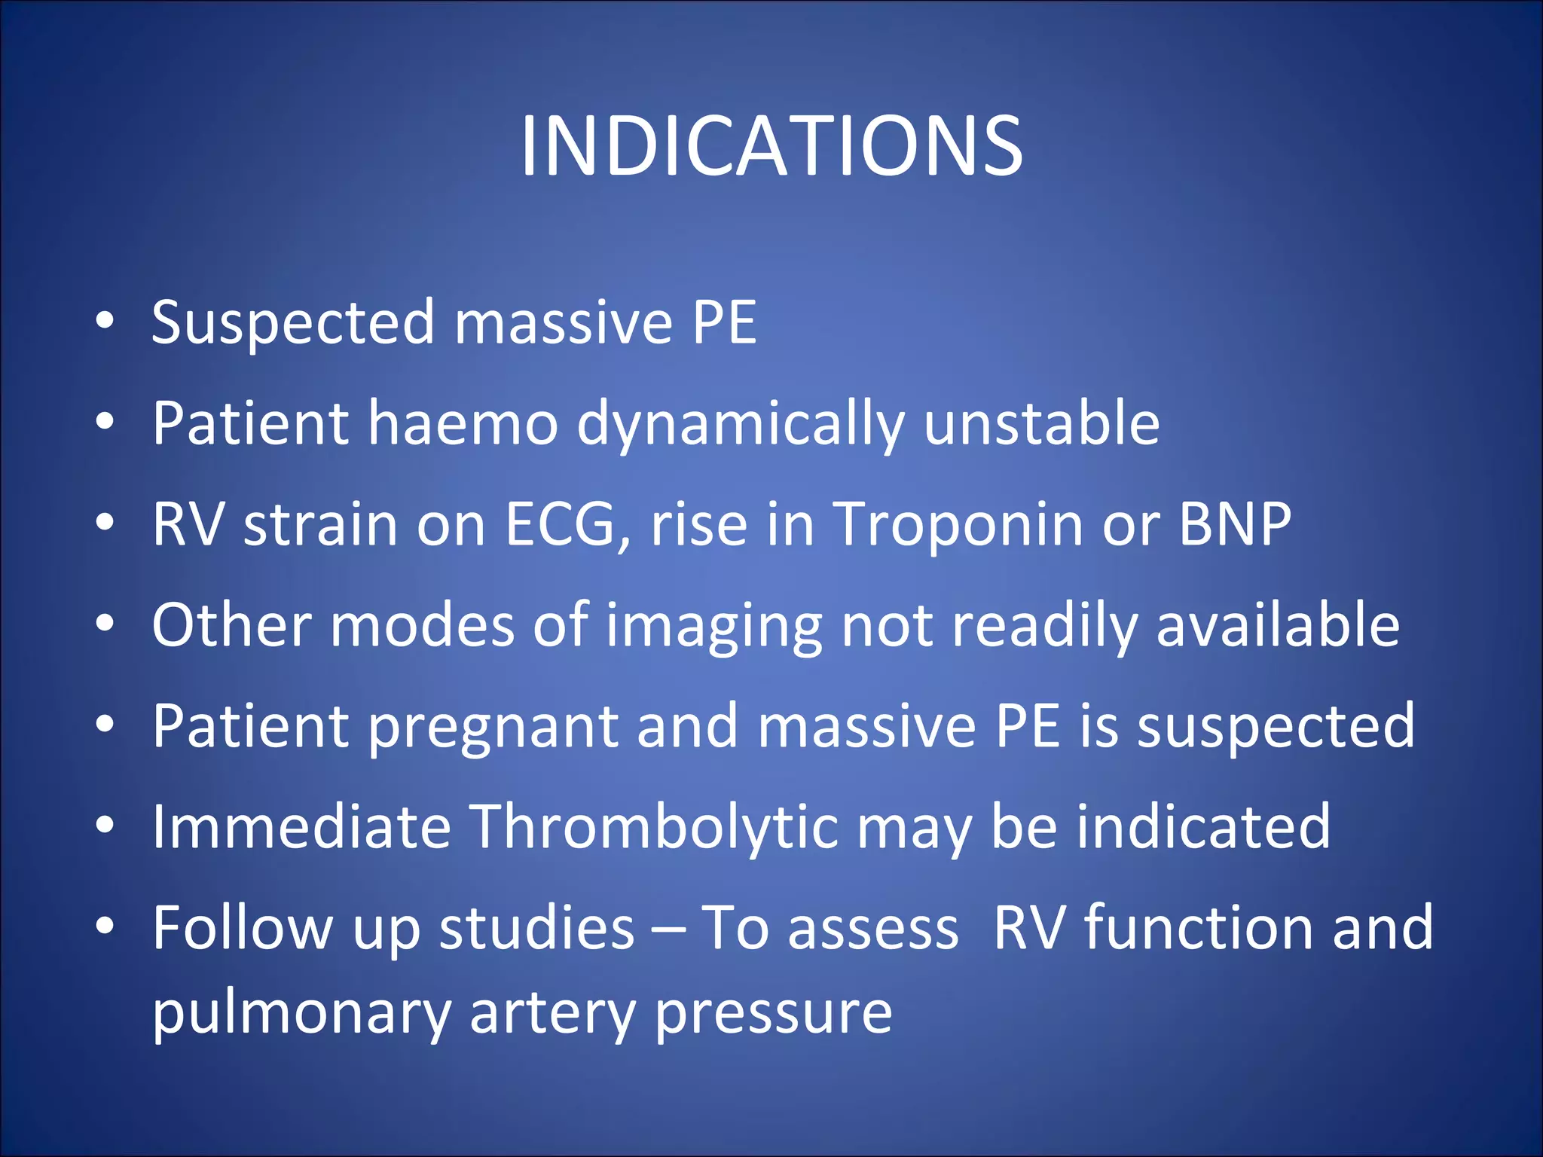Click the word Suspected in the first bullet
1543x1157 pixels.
[293, 322]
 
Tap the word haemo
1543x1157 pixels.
[463, 423]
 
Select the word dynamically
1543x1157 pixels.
[741, 425]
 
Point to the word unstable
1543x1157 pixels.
[1041, 423]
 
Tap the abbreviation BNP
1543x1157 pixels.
[1235, 524]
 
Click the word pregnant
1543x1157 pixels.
[493, 728]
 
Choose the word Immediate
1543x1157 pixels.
[301, 827]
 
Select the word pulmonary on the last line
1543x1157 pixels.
[301, 1014]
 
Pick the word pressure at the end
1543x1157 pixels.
[773, 1014]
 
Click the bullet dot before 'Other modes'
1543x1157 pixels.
[105, 624]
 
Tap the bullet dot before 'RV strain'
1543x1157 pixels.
[105, 522]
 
